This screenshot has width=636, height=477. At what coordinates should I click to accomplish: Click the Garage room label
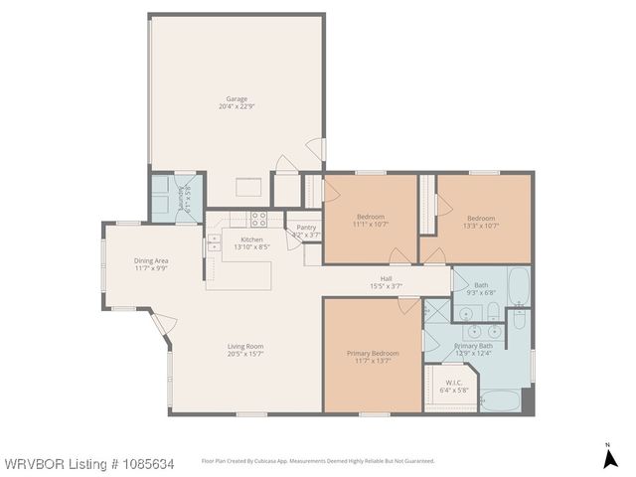[x=236, y=99]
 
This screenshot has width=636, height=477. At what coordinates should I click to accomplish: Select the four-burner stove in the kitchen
[x=258, y=219]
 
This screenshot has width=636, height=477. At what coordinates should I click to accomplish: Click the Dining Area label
[x=152, y=261]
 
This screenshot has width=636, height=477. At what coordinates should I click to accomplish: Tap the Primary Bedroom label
[x=373, y=353]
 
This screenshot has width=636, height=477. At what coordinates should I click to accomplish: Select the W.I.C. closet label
[x=453, y=383]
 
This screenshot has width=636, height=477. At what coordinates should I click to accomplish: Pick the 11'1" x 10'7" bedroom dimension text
[x=370, y=226]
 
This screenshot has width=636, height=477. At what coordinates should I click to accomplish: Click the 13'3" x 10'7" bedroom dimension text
[x=482, y=226]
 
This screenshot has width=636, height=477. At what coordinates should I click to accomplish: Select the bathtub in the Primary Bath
[x=500, y=401]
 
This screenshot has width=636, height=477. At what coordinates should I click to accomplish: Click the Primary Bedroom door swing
[x=407, y=304]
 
